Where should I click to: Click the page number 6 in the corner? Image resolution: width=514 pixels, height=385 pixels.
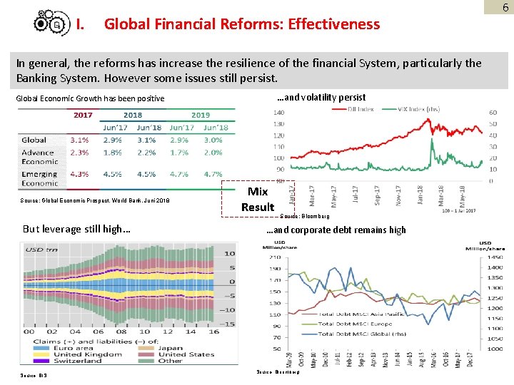pyautogui.click(x=505, y=7)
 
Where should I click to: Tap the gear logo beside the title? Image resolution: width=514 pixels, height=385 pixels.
pyautogui.click(x=52, y=24)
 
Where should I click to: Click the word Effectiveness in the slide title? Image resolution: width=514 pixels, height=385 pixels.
pyautogui.click(x=330, y=24)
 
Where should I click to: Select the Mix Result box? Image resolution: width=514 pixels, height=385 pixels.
pyautogui.click(x=257, y=200)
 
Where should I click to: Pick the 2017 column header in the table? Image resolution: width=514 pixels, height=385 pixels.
pyautogui.click(x=84, y=115)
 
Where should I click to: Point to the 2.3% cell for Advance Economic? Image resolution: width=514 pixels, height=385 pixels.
pyautogui.click(x=80, y=152)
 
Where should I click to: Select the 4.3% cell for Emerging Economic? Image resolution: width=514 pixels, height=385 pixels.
pyautogui.click(x=80, y=173)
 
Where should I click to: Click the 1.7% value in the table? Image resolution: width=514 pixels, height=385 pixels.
pyautogui.click(x=179, y=152)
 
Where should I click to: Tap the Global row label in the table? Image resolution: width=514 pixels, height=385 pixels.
pyautogui.click(x=34, y=140)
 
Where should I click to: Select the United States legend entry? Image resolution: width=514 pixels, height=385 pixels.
pyautogui.click(x=186, y=354)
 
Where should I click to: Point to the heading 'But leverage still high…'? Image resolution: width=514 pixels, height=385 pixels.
pyautogui.click(x=76, y=230)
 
